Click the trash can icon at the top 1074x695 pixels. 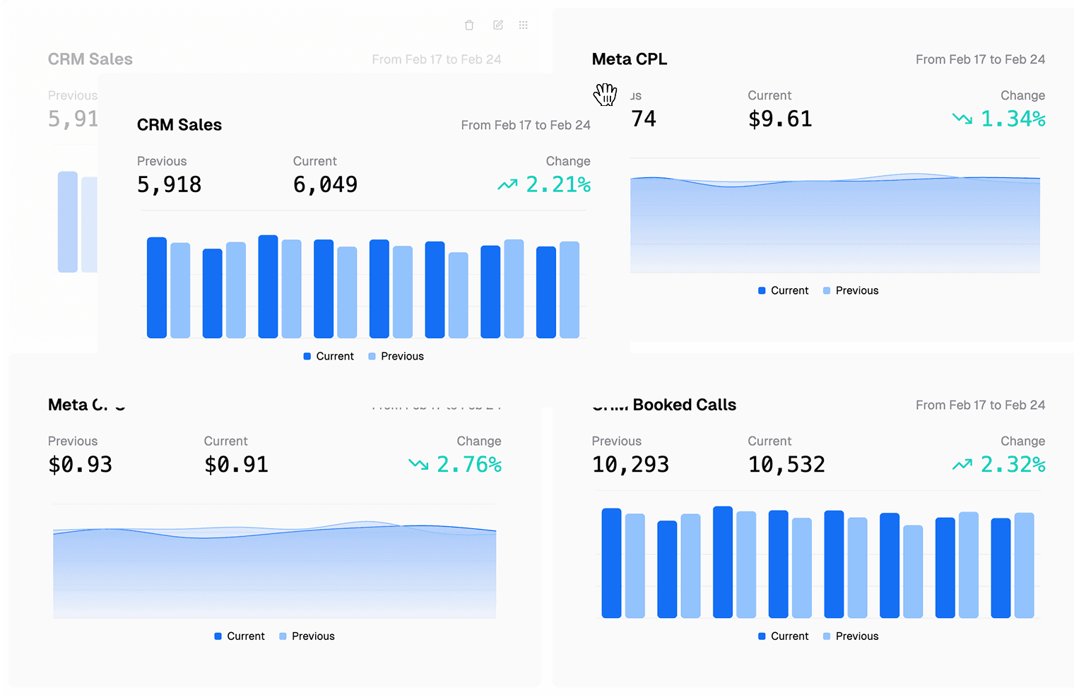(x=469, y=25)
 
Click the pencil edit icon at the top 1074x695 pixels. (x=498, y=25)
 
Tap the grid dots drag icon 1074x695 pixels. (x=524, y=25)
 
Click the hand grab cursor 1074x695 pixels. (x=606, y=94)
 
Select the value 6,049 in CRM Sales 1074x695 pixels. (x=325, y=185)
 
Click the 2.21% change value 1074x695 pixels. (x=558, y=185)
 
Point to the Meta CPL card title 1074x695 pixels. (x=629, y=59)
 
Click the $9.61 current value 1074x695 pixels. (x=780, y=119)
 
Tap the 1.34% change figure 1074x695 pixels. (x=1013, y=119)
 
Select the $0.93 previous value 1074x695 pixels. (x=80, y=465)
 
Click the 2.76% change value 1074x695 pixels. (x=468, y=465)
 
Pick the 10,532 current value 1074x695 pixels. (x=786, y=465)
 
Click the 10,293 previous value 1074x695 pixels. (x=630, y=465)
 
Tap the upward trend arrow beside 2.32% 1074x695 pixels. (x=962, y=465)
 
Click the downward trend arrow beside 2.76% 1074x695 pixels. (x=418, y=465)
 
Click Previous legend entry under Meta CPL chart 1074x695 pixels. (x=851, y=291)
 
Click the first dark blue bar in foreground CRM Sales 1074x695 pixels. (x=157, y=287)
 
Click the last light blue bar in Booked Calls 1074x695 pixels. (x=1024, y=565)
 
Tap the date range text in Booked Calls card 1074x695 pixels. (x=980, y=405)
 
